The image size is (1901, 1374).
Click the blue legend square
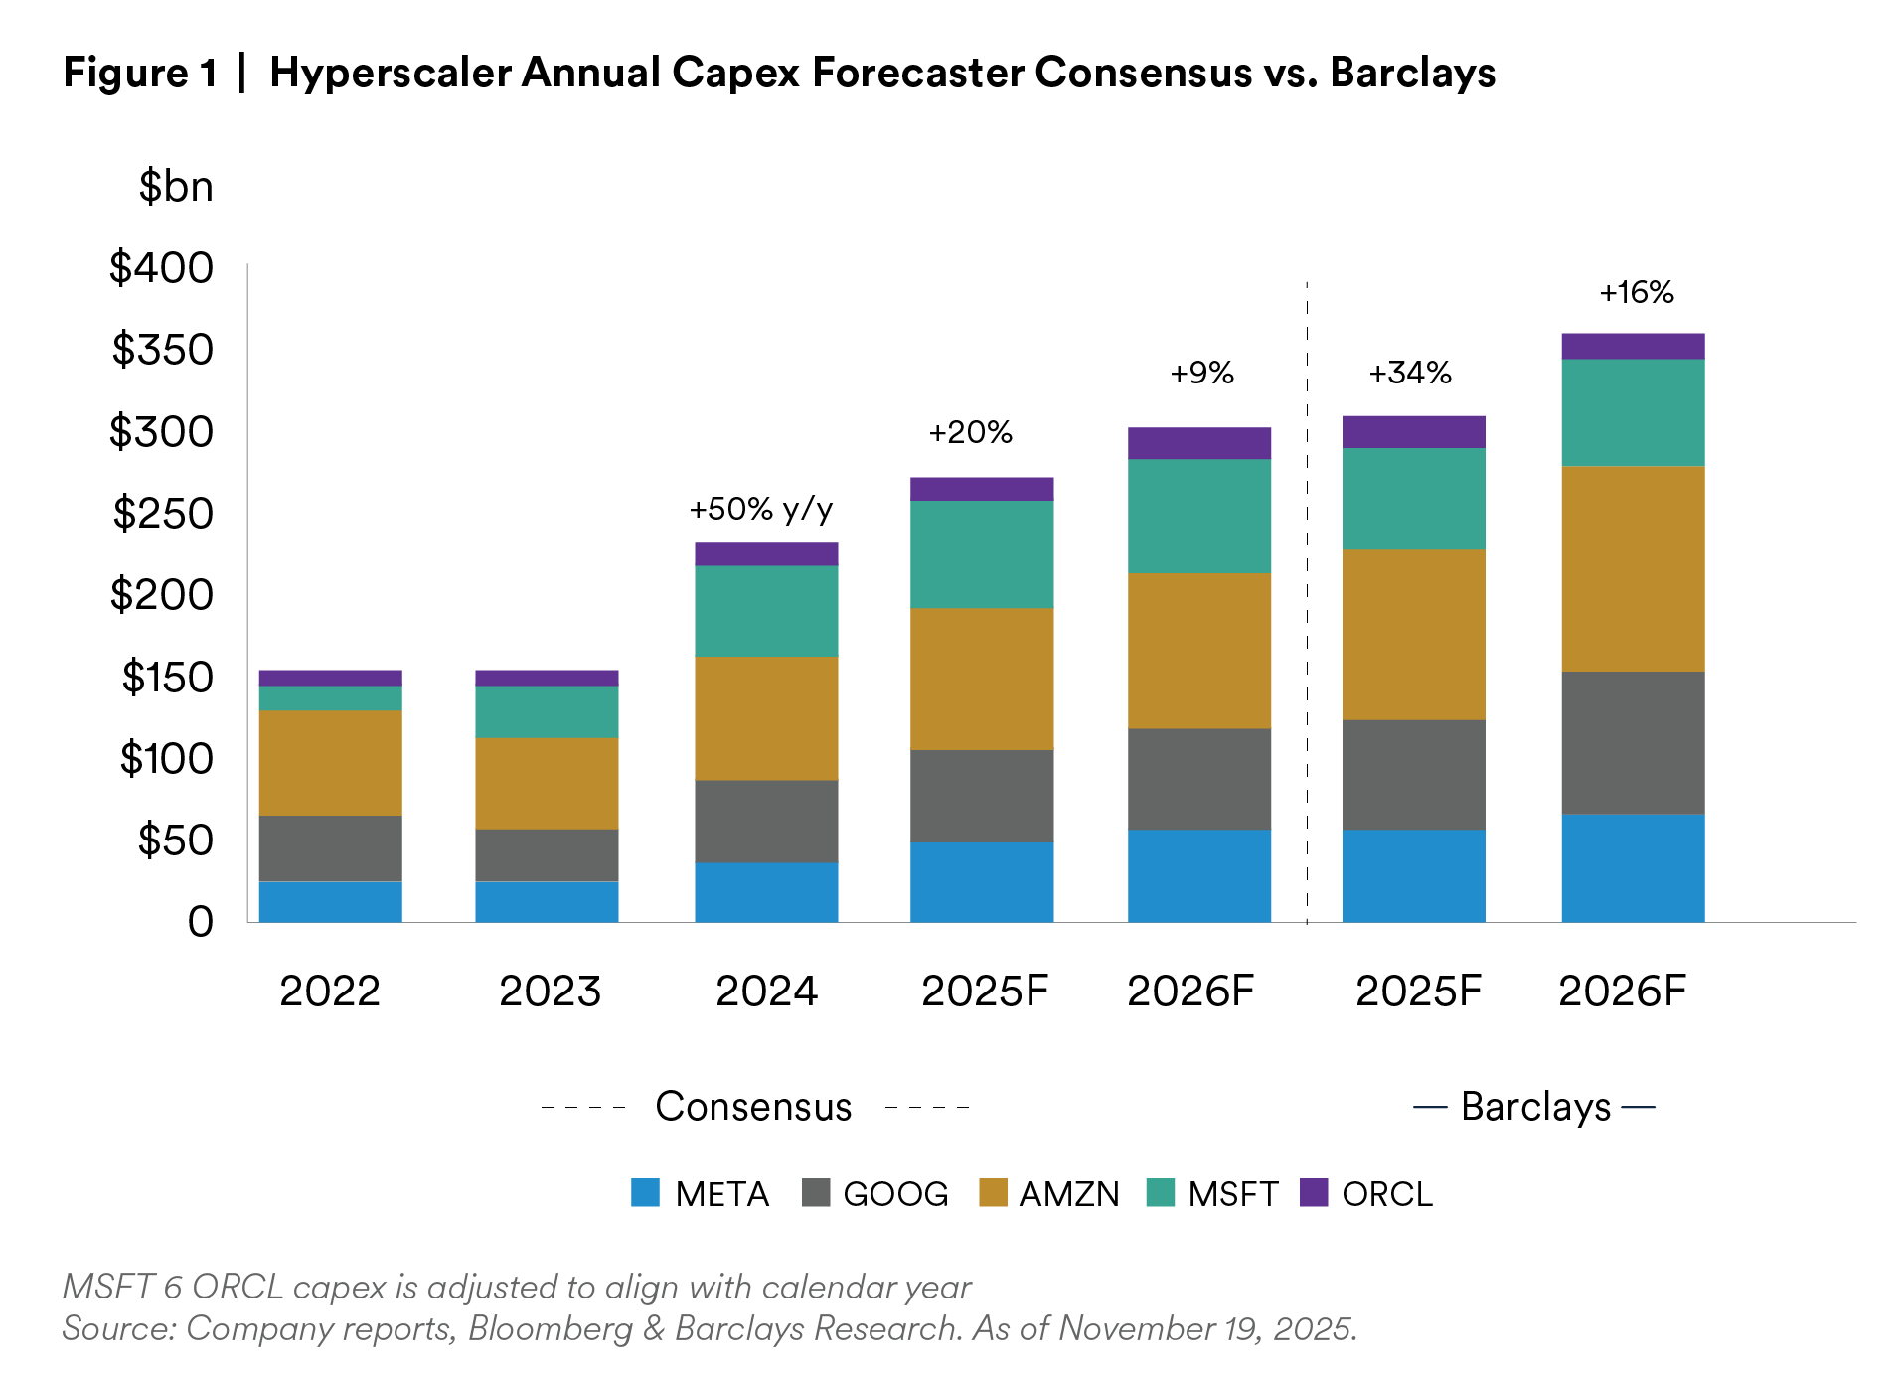(x=645, y=1192)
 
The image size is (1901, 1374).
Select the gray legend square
(x=816, y=1192)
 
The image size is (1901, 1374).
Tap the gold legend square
(x=993, y=1192)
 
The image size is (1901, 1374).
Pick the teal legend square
(x=1160, y=1192)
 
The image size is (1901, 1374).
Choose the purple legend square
(x=1314, y=1192)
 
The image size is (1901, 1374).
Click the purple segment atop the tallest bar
(x=1633, y=346)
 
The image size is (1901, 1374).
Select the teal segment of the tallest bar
(x=1633, y=412)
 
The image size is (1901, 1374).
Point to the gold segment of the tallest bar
(x=1633, y=568)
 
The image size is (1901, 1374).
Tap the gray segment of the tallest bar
(x=1633, y=743)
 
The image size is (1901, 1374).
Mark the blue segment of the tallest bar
(x=1633, y=868)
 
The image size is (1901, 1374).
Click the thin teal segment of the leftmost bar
(x=330, y=698)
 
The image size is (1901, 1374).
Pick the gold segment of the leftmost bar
(x=330, y=763)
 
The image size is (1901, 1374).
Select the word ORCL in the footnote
(x=238, y=1288)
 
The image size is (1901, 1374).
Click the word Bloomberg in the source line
(x=550, y=1329)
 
